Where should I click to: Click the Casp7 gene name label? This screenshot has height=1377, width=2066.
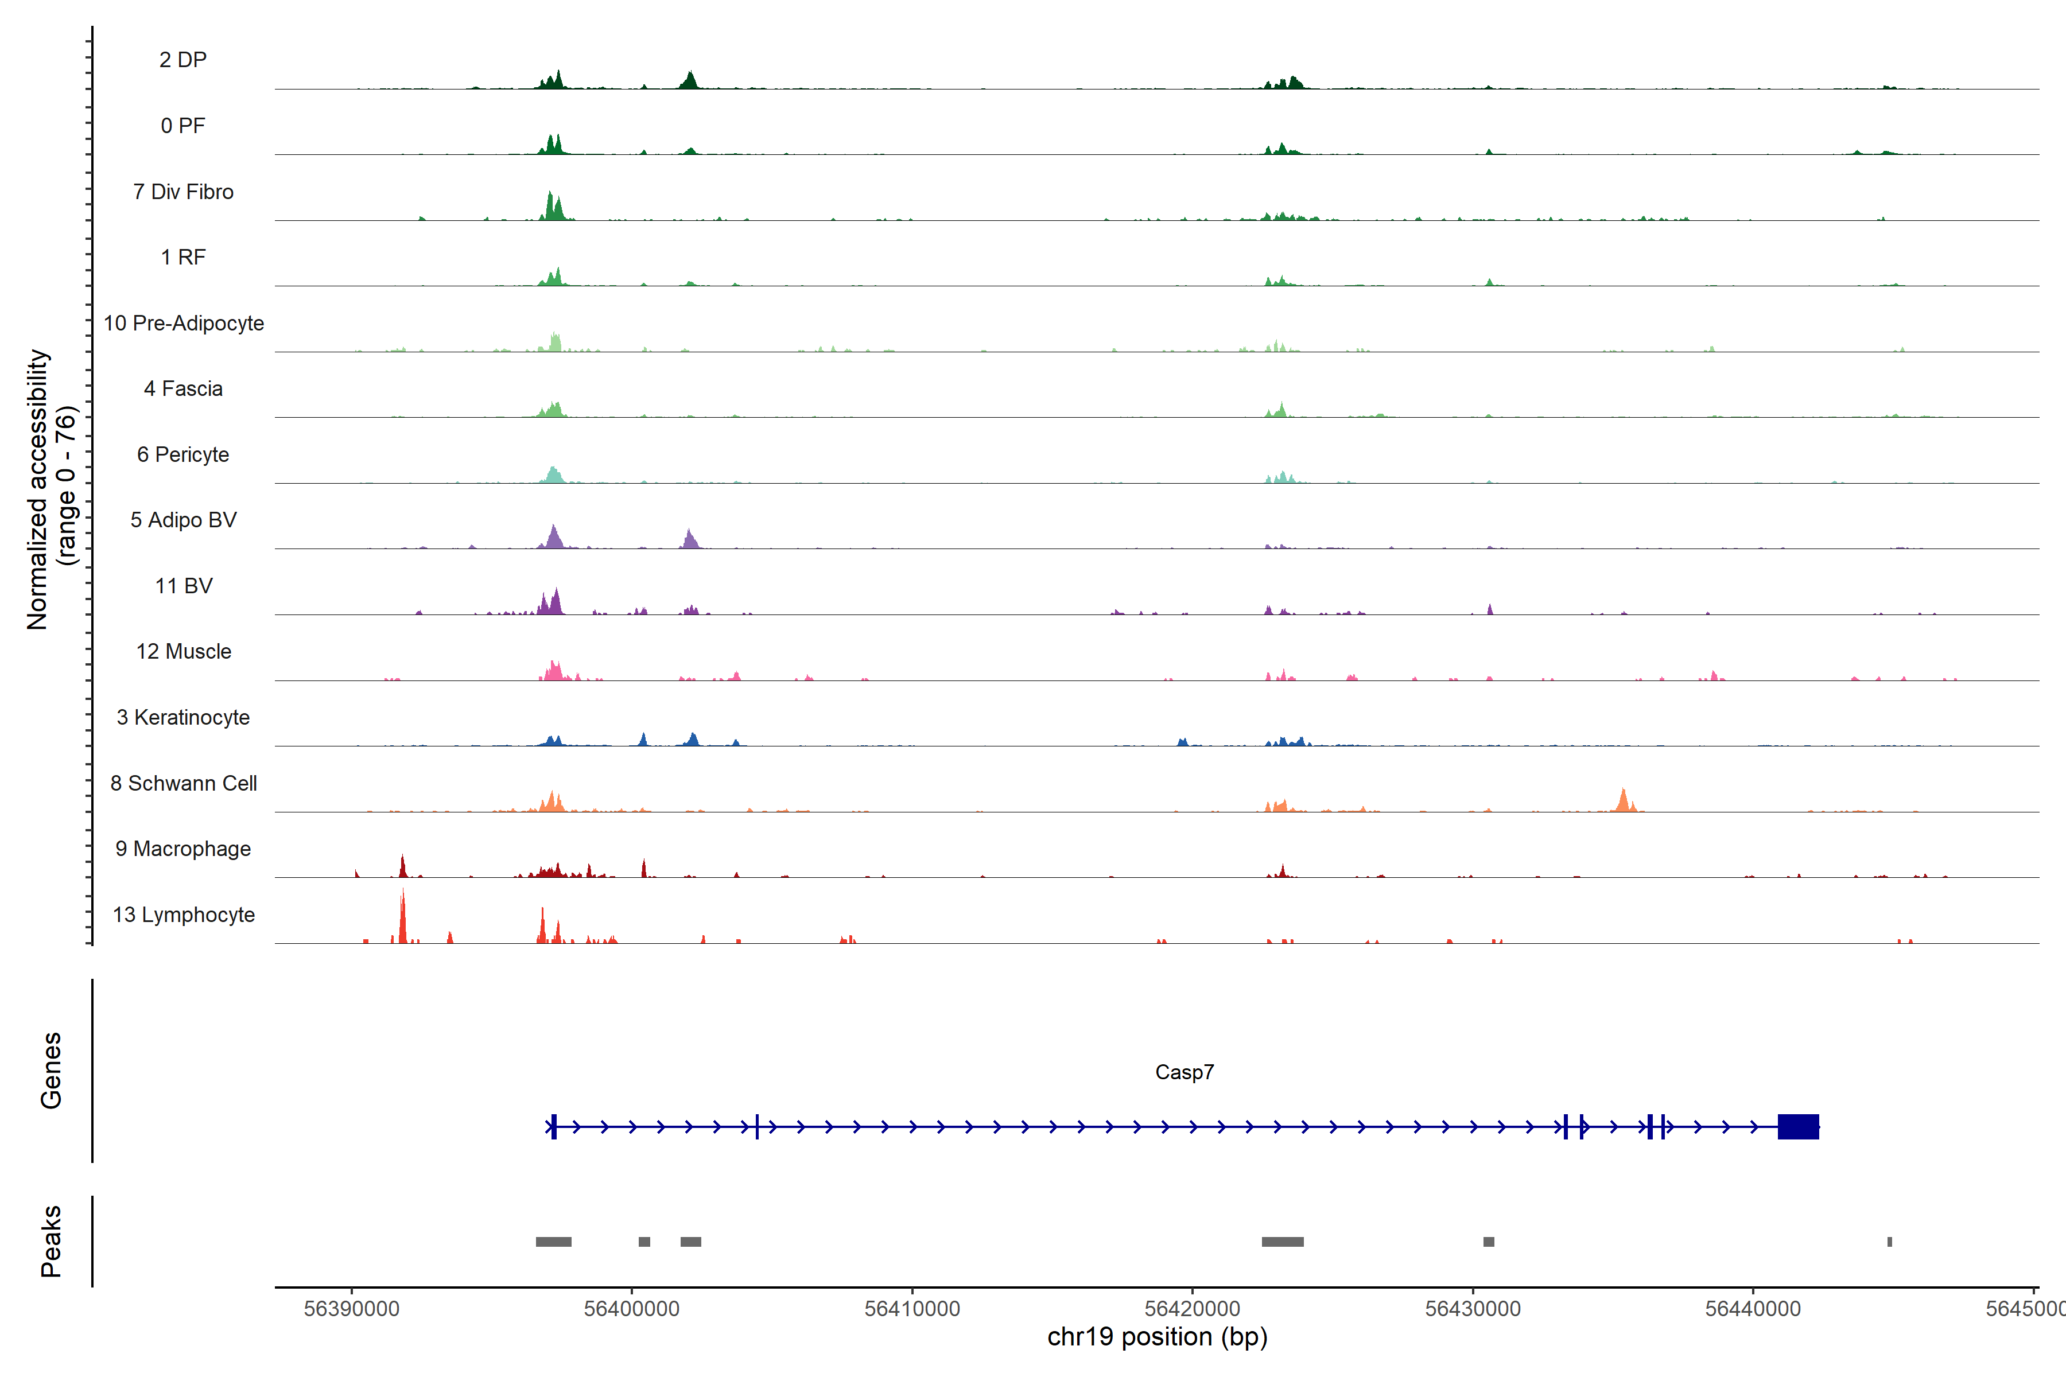[x=1184, y=1072]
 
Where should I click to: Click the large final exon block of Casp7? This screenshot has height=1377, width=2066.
[x=1798, y=1127]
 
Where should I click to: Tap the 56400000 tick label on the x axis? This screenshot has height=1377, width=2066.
[x=632, y=1309]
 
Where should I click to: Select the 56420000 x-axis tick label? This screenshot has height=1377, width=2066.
[x=1192, y=1309]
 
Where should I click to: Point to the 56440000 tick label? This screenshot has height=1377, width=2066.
[x=1753, y=1309]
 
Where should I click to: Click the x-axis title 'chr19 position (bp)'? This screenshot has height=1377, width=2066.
[x=1157, y=1337]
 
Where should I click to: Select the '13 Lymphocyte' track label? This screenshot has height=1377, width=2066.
[x=184, y=915]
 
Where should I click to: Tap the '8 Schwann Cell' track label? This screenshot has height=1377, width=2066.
[x=184, y=783]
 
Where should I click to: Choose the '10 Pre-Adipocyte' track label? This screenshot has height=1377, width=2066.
[x=184, y=323]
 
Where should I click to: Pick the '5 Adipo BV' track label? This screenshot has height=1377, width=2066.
[x=184, y=520]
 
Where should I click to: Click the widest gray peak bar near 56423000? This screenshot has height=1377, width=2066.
[x=1283, y=1242]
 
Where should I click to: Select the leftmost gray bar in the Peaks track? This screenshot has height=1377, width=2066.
[x=553, y=1242]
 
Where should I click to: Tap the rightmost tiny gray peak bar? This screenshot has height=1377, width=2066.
[x=1889, y=1242]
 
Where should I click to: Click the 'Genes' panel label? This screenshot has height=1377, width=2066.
[x=51, y=1071]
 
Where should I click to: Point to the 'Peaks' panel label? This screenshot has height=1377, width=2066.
[x=51, y=1241]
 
